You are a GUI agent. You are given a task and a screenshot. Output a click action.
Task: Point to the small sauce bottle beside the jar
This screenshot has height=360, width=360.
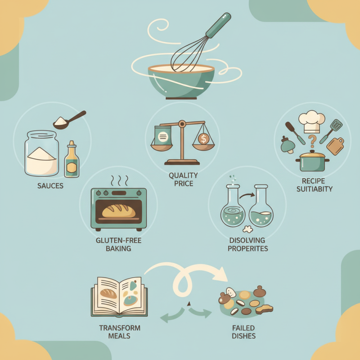71,160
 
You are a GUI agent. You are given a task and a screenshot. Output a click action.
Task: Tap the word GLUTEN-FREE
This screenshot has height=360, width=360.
119,241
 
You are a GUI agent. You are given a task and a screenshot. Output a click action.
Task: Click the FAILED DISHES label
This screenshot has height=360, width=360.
243,332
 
